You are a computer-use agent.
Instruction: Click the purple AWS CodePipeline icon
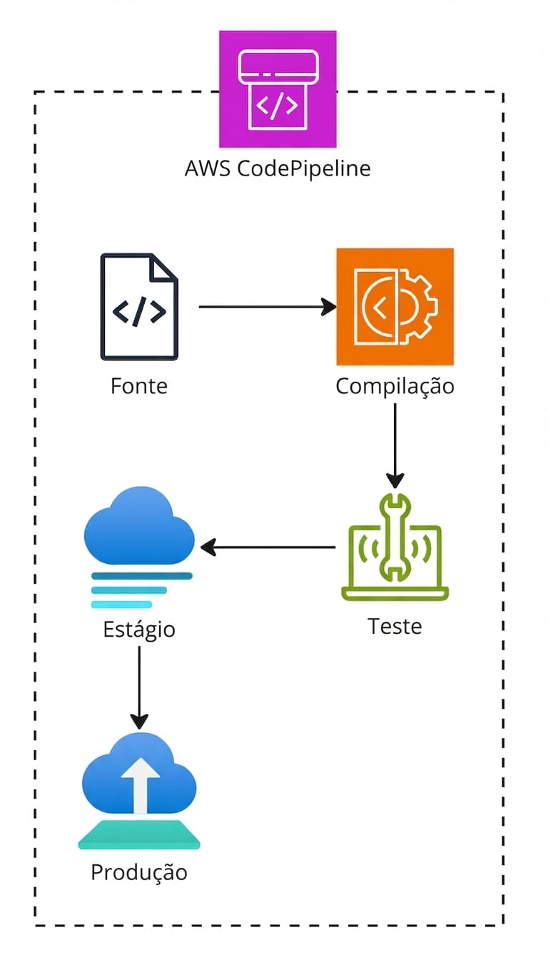click(x=278, y=89)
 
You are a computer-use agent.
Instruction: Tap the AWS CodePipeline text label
click(x=278, y=169)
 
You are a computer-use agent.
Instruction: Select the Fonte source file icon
click(x=139, y=307)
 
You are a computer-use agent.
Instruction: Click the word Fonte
click(x=139, y=386)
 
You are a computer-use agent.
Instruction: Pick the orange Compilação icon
click(x=395, y=306)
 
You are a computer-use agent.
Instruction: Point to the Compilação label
click(x=395, y=386)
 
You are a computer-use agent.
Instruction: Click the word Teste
click(x=395, y=626)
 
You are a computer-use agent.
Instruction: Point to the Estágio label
click(x=139, y=630)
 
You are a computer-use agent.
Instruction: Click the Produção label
click(x=139, y=872)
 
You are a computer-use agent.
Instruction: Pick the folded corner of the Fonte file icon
click(x=165, y=268)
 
